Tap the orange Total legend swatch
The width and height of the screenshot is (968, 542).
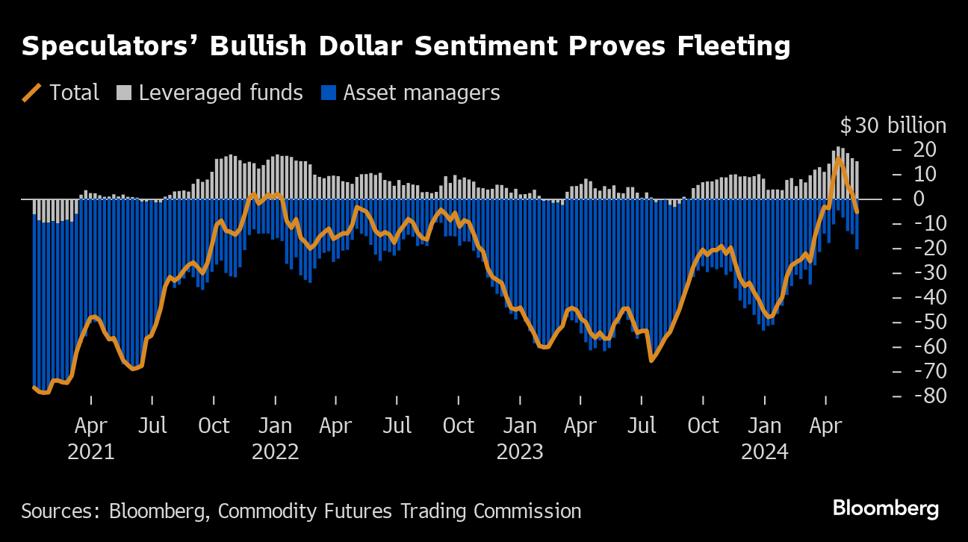coord(32,93)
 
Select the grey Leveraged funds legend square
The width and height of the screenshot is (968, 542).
coord(124,93)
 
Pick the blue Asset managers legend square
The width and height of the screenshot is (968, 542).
coord(329,93)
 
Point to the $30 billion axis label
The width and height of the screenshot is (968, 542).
coord(893,126)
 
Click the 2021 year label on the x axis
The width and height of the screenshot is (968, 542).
coord(91,452)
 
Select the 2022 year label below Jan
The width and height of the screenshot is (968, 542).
coord(275,452)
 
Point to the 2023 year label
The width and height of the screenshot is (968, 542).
coord(520,452)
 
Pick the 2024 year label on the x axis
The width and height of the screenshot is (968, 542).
coord(764,452)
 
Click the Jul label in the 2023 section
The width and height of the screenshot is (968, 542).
coord(642,426)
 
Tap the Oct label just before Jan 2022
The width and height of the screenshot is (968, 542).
coord(214,426)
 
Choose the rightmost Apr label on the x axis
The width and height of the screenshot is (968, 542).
coord(825,426)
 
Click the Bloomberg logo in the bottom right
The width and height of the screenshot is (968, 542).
coord(886,508)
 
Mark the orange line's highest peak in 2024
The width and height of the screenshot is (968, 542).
coord(838,158)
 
